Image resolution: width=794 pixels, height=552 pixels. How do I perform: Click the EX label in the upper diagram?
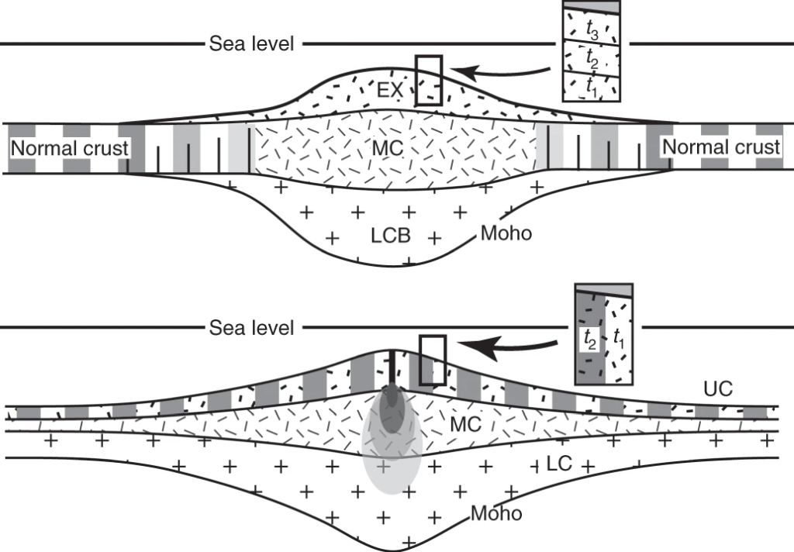pos(390,91)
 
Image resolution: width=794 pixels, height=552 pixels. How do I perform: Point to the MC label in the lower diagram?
pos(465,424)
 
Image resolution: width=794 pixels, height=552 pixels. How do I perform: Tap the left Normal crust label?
pos(69,148)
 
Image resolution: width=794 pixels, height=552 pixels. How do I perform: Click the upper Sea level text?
pos(252,44)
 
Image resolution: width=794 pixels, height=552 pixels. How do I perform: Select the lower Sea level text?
pos(252,328)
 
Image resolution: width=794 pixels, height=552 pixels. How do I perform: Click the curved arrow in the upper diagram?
pos(504,74)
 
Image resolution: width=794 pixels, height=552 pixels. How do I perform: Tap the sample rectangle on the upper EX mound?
pos(428,80)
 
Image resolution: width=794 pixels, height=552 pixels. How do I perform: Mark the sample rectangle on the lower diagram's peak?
pos(433,360)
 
